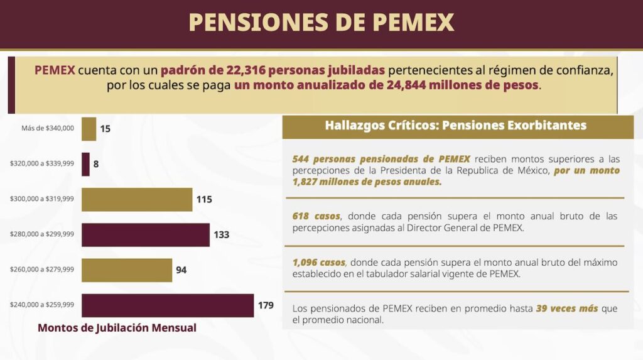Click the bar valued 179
tap(168, 305)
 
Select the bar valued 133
tap(145, 234)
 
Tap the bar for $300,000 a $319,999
tap(137, 199)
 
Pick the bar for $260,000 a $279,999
tap(127, 270)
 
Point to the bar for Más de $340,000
tap(89, 129)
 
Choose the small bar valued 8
tap(85, 164)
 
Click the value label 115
tap(204, 199)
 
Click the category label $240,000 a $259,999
tap(42, 305)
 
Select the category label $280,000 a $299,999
tap(42, 234)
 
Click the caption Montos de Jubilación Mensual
tap(117, 328)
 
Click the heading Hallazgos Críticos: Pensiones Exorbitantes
tap(455, 125)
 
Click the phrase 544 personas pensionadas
tap(359, 160)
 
